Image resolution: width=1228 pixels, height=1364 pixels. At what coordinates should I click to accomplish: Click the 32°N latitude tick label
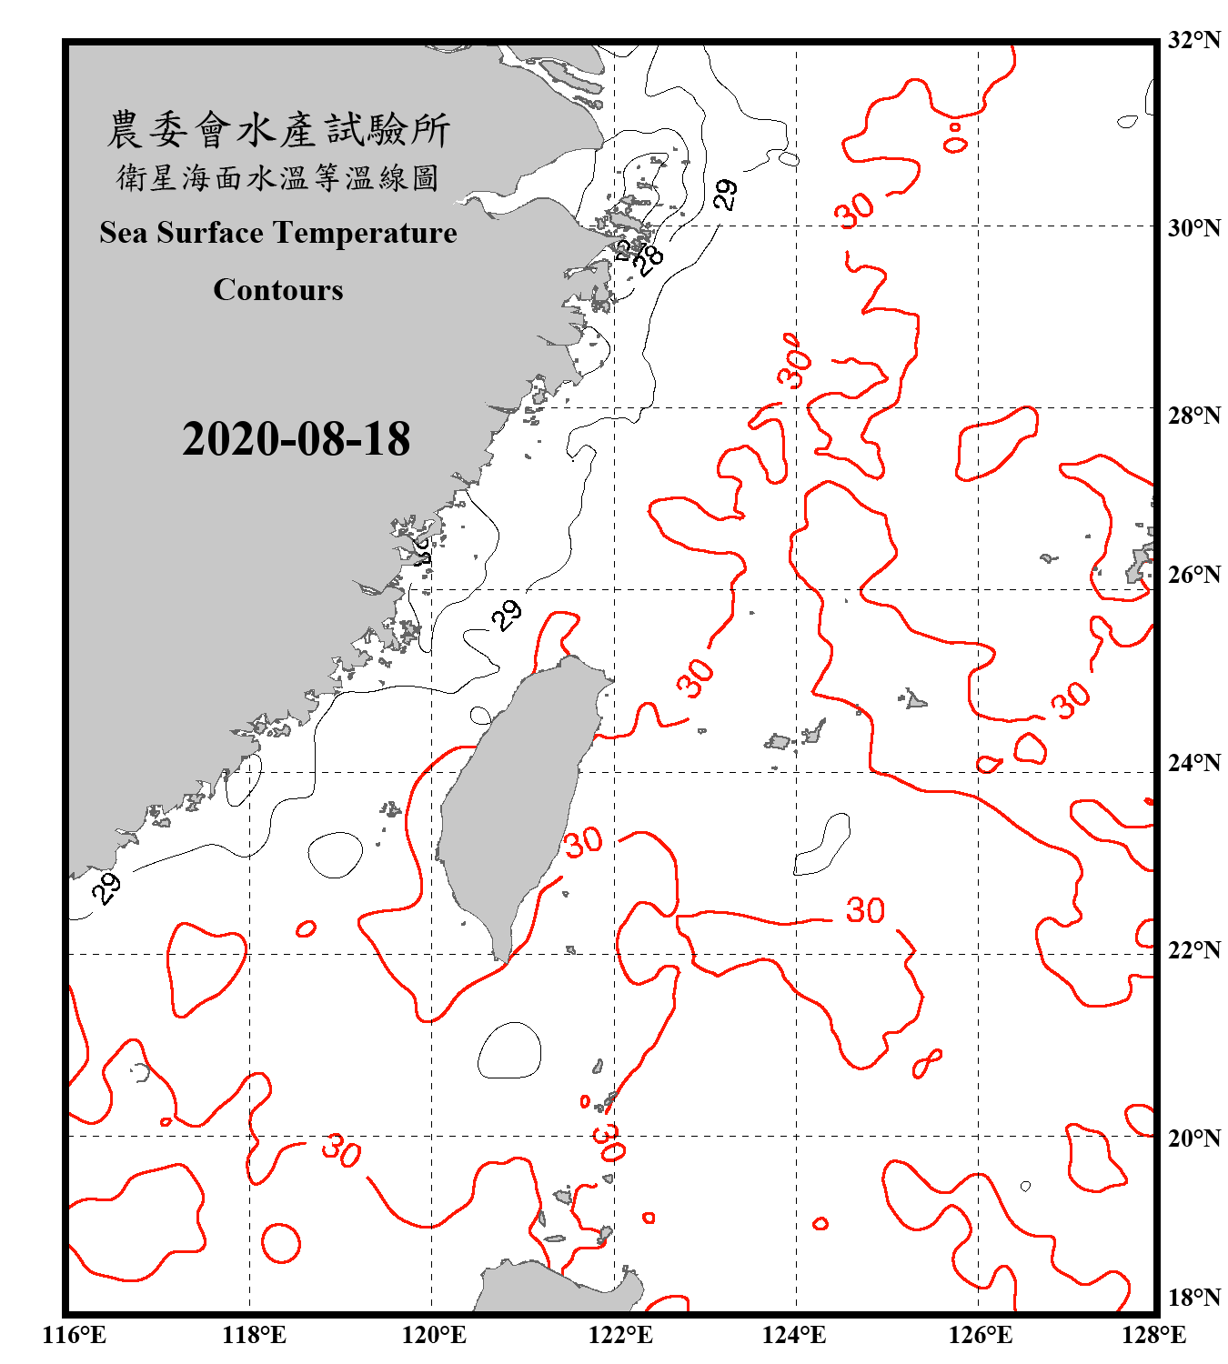click(1194, 41)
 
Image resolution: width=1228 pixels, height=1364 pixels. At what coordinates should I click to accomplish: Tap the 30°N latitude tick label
click(1194, 228)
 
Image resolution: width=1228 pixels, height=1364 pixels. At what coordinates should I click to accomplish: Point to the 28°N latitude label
click(1194, 416)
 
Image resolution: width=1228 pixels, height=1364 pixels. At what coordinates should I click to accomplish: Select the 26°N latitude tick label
click(1194, 575)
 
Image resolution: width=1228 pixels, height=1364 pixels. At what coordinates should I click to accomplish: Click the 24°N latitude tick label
click(1194, 762)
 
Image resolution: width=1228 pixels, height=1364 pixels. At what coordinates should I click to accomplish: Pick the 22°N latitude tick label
click(1194, 950)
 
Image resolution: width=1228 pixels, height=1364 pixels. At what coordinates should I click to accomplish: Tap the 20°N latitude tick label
click(1194, 1138)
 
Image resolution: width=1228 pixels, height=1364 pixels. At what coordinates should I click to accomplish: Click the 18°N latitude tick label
click(1194, 1297)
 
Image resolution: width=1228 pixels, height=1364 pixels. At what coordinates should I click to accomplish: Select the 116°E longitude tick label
click(75, 1335)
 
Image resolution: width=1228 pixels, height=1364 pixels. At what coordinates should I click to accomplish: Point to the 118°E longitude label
click(255, 1335)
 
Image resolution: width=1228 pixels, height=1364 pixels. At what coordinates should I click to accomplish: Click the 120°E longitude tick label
click(434, 1335)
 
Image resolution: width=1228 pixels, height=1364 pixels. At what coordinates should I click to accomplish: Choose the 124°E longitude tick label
click(794, 1335)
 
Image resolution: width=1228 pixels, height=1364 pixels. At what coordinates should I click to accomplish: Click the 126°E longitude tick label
click(981, 1335)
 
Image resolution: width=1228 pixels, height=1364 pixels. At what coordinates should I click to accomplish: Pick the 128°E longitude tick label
click(1154, 1335)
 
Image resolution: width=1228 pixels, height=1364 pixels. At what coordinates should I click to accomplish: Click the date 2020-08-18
click(297, 439)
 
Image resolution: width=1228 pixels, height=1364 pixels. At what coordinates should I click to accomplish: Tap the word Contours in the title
click(278, 290)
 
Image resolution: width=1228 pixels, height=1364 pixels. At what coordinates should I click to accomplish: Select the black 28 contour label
click(649, 260)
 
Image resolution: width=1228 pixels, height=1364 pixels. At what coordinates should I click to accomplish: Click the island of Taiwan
click(514, 800)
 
